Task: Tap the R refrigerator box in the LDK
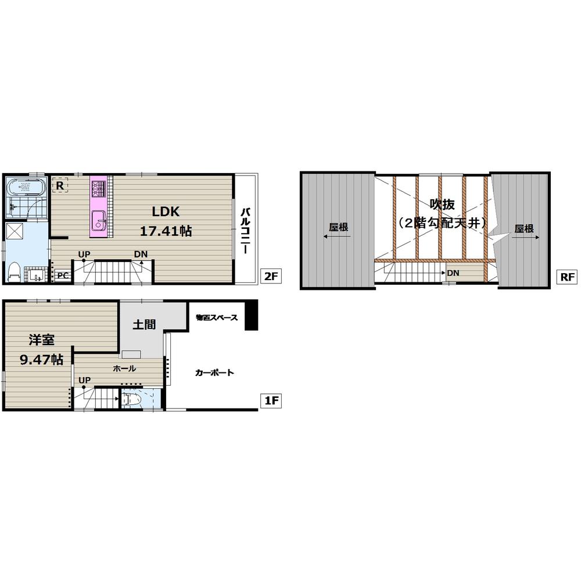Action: (60, 185)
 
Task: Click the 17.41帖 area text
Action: (166, 231)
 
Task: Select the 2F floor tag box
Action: (270, 277)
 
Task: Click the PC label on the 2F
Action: (63, 276)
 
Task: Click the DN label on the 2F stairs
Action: (140, 254)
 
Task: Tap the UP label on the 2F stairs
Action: (84, 254)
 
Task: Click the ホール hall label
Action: (124, 368)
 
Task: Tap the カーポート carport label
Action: (214, 372)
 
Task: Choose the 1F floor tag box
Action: (271, 401)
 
